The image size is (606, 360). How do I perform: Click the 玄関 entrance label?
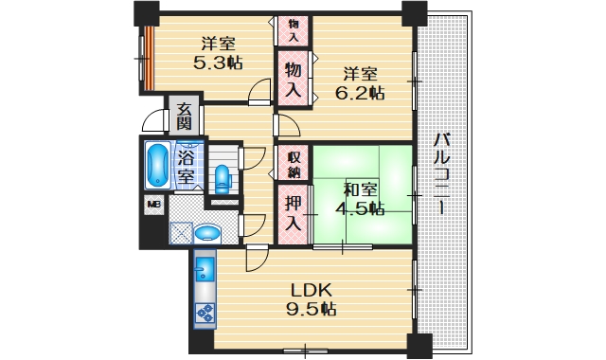[x=184, y=117]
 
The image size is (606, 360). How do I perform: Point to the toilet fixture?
[x=223, y=177]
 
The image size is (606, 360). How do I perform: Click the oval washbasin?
[x=205, y=233]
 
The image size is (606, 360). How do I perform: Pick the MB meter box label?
[x=151, y=204]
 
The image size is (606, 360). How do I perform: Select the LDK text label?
[x=309, y=289]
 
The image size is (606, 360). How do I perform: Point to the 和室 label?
[x=360, y=189]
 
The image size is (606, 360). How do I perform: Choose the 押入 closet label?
[x=294, y=214]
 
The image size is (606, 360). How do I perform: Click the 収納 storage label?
[x=294, y=164]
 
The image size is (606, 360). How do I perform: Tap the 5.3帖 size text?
[x=218, y=63]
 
